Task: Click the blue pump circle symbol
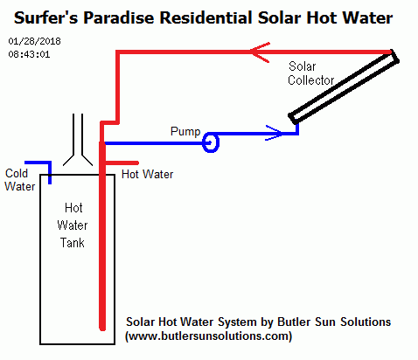(x=211, y=137)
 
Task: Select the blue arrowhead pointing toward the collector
(x=274, y=133)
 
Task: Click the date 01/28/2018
(x=34, y=41)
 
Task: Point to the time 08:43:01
(x=29, y=54)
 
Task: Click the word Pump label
(x=185, y=132)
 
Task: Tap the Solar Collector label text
(x=310, y=73)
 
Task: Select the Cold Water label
(x=20, y=180)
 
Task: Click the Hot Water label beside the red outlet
(x=147, y=175)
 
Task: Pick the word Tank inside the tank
(x=73, y=243)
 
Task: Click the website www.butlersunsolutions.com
(x=208, y=336)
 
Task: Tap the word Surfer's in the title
(x=46, y=17)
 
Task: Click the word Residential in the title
(x=206, y=17)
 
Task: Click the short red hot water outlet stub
(x=122, y=163)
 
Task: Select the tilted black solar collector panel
(x=344, y=87)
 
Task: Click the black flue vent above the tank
(x=78, y=140)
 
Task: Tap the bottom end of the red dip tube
(x=102, y=329)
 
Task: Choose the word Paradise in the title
(x=119, y=17)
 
